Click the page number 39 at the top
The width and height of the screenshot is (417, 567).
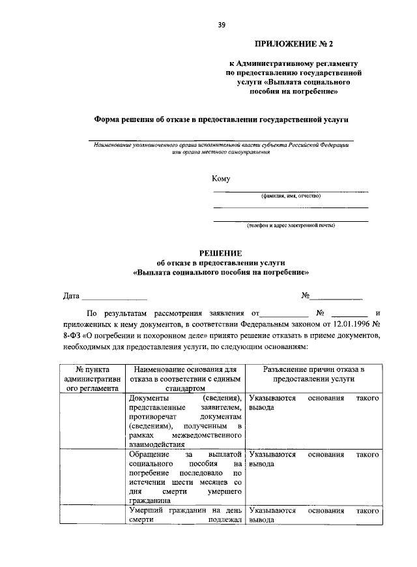(x=222, y=25)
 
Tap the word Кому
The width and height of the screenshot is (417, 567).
(x=221, y=179)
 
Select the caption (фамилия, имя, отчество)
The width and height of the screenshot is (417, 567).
(x=291, y=196)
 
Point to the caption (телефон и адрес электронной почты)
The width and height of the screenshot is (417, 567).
(x=291, y=225)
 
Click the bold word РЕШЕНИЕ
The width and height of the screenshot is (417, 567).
(x=220, y=253)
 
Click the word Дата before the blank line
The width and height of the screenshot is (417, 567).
(x=71, y=296)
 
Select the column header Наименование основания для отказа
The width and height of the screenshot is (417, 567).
(x=185, y=378)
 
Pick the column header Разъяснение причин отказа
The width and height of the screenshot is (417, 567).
(x=313, y=373)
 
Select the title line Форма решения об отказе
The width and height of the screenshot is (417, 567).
(x=221, y=119)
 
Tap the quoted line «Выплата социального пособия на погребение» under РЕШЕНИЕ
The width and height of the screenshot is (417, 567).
(x=220, y=271)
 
